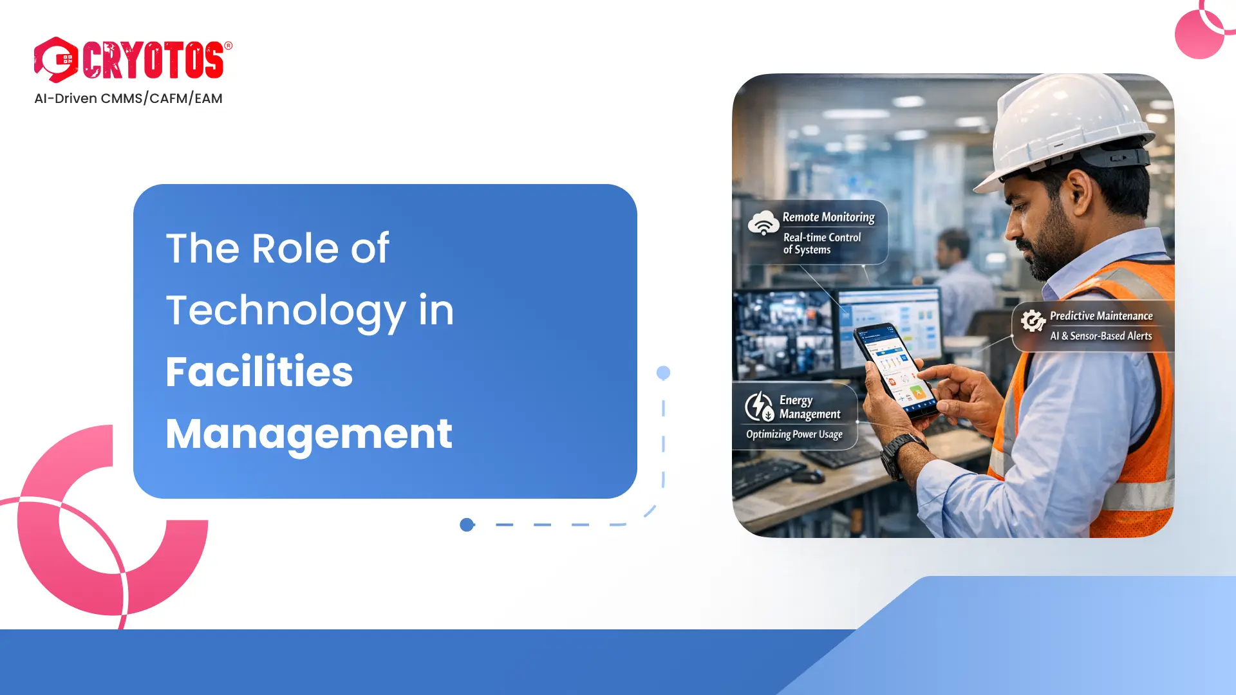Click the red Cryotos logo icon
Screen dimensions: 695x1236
56,60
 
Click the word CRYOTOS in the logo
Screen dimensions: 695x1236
153,60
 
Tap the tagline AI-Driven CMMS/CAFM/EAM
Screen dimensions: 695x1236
128,98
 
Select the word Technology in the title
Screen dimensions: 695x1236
285,311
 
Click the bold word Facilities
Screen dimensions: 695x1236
259,372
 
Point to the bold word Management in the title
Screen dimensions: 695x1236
309,434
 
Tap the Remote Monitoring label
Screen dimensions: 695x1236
829,218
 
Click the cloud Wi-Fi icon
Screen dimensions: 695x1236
763,223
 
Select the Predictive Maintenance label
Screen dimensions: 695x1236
1101,316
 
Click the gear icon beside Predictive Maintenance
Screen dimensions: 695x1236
1033,320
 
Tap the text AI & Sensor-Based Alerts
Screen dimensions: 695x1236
1101,336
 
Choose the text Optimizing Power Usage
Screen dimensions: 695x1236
794,434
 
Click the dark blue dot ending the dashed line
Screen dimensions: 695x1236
467,525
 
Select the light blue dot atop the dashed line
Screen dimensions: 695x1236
663,373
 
